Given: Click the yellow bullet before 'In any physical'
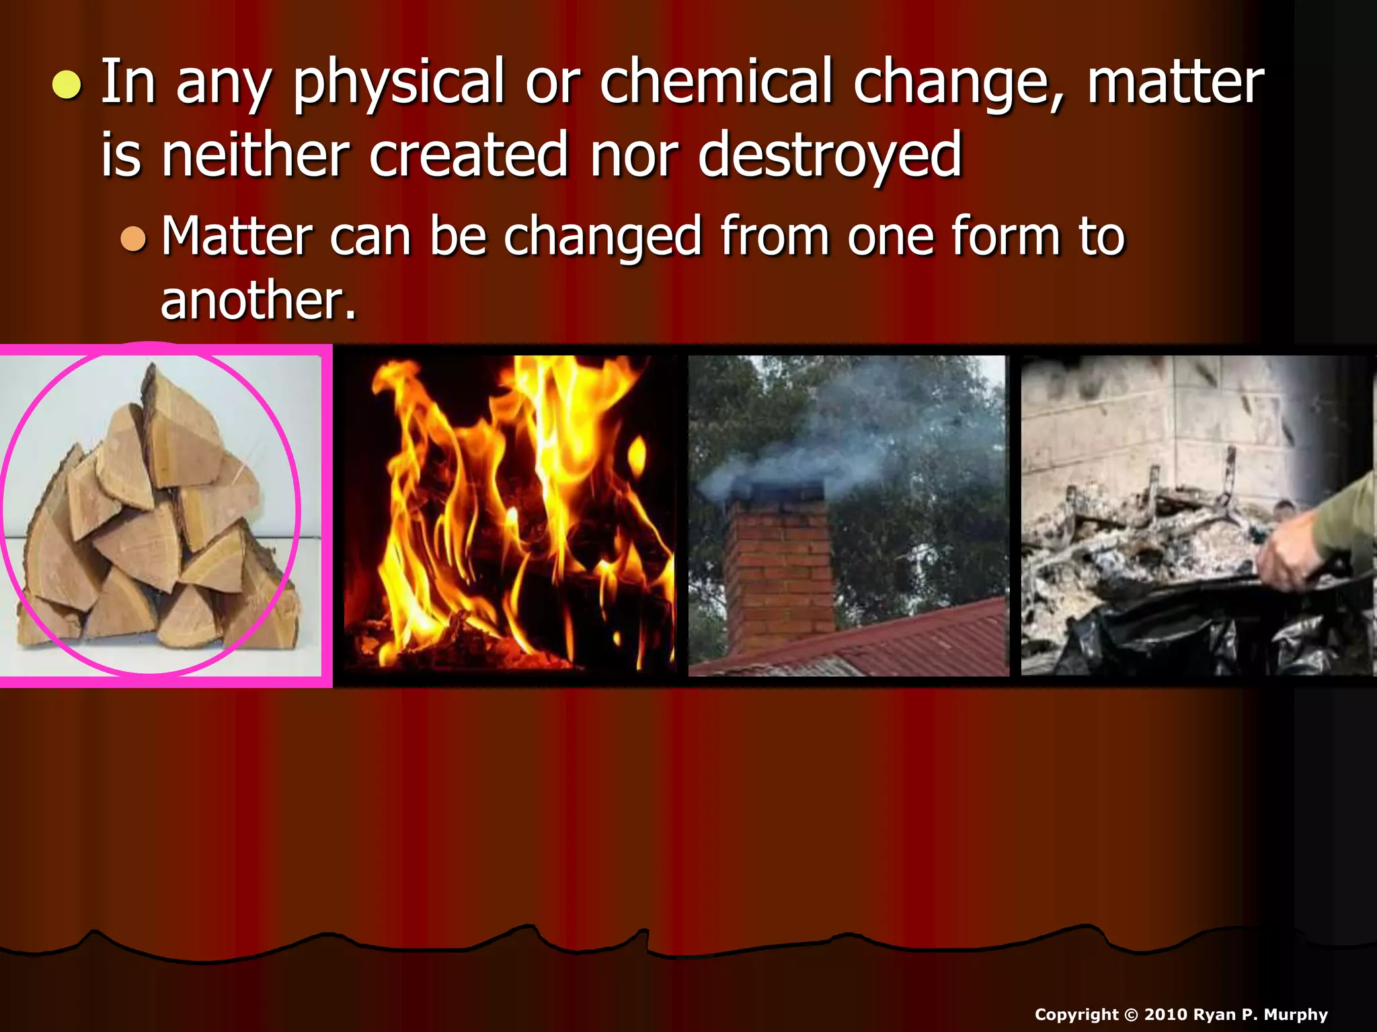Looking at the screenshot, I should (67, 85).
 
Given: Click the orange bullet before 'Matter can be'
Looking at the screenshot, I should (133, 239).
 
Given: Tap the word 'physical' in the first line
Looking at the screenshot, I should (398, 82).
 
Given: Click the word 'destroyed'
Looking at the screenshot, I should (830, 156).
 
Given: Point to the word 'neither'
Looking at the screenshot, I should (255, 156).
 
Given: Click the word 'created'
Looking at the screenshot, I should (469, 156).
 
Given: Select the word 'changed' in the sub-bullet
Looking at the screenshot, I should (602, 238).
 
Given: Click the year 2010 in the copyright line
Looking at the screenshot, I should (1165, 1015).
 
